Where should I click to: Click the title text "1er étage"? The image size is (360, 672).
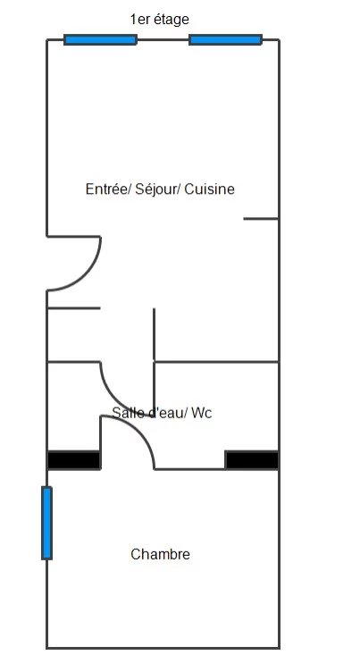[159, 20]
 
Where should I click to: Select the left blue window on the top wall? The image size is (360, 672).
[101, 40]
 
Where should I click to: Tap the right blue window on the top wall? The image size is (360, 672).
[225, 40]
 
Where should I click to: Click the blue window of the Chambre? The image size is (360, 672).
[46, 523]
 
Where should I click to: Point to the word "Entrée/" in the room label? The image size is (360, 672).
[108, 189]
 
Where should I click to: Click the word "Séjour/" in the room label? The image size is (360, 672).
[157, 189]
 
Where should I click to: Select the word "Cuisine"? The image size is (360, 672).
[210, 189]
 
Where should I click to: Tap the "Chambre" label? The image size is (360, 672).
[160, 554]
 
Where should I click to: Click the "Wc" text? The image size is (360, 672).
[201, 413]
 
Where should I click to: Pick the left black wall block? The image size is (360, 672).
[74, 460]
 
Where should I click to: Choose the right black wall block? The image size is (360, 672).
[252, 460]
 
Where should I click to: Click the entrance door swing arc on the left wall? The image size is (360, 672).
[85, 274]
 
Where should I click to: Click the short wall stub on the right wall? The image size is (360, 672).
[261, 219]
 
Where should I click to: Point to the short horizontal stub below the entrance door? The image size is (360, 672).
[74, 307]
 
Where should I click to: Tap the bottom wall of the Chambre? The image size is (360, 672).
[163, 648]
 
